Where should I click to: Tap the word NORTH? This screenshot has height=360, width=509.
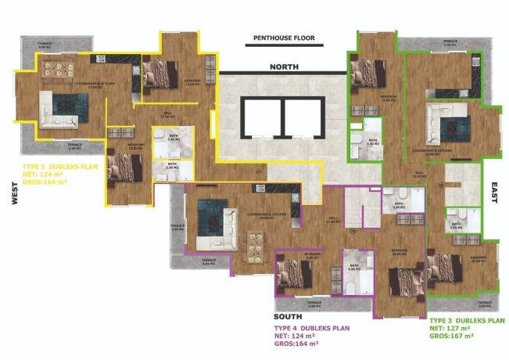pyautogui.click(x=285, y=67)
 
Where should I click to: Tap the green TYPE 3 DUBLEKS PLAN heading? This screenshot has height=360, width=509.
pyautogui.click(x=468, y=321)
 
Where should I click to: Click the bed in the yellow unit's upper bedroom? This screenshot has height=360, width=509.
pyautogui.click(x=165, y=72)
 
